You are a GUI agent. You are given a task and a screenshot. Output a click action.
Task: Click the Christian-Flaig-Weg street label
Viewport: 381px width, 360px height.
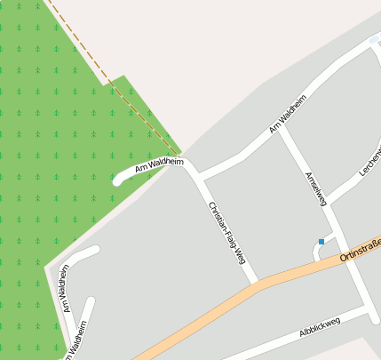[226, 233]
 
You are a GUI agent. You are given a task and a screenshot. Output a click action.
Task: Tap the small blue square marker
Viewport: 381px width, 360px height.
[321, 241]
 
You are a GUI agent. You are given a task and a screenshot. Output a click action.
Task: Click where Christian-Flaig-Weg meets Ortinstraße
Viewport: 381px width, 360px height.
[257, 284]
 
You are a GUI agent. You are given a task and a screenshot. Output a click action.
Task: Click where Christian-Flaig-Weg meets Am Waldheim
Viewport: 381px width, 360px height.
[188, 166]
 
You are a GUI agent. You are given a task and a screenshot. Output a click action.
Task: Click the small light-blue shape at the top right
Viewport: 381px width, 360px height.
[374, 39]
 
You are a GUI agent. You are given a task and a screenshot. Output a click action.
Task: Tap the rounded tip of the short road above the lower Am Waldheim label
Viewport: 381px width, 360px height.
[94, 250]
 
